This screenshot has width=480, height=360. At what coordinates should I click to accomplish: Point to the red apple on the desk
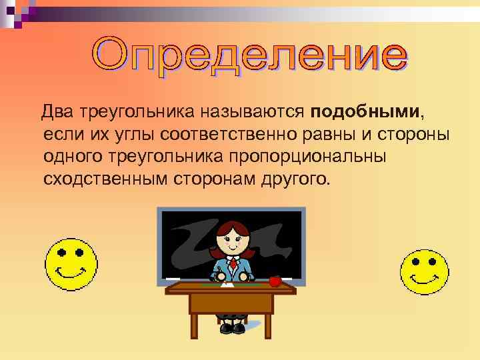tap(275, 281)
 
